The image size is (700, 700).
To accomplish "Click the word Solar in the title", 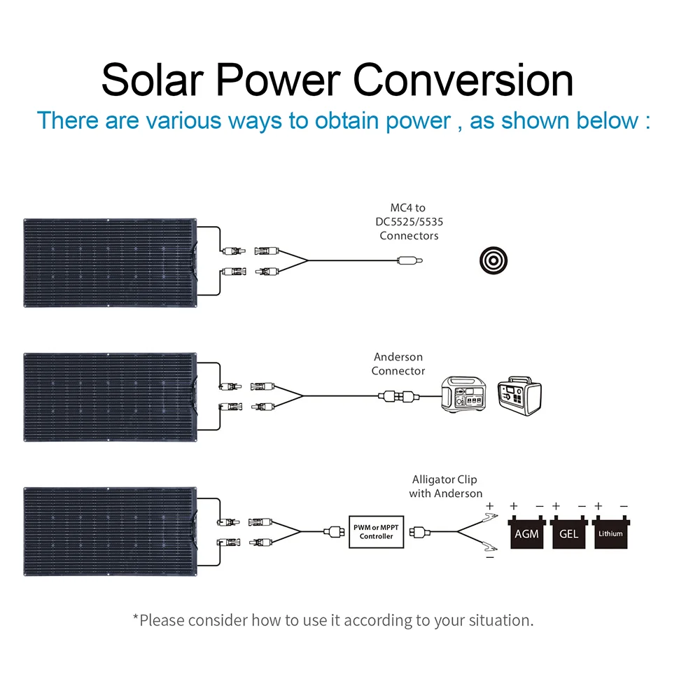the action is tap(153, 80).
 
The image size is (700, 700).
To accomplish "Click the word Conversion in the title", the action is tap(463, 80).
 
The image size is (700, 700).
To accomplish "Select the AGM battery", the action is tap(527, 532).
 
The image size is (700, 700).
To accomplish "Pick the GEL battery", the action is tap(568, 532).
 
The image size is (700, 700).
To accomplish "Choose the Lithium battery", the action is tap(610, 532).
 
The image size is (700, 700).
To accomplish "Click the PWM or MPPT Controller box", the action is tap(377, 532).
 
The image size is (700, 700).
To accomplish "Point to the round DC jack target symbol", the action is tap(493, 260).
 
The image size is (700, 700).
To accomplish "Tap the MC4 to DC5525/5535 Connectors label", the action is tap(409, 221).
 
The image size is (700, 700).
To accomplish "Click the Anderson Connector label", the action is tap(398, 364).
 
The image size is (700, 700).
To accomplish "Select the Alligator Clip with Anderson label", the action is tap(445, 486).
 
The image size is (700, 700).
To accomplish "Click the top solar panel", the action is tap(111, 263).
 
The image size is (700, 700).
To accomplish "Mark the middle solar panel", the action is tap(111, 398).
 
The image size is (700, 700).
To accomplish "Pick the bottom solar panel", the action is tap(111, 532).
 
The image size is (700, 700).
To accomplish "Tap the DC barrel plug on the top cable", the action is tap(409, 260).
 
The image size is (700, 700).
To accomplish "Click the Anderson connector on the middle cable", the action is tap(399, 396).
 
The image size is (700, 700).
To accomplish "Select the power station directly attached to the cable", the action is tap(463, 394).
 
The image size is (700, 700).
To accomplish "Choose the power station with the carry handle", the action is tap(519, 396).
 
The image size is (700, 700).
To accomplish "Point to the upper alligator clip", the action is tap(489, 518).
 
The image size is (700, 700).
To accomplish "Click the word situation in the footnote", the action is tap(501, 620).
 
